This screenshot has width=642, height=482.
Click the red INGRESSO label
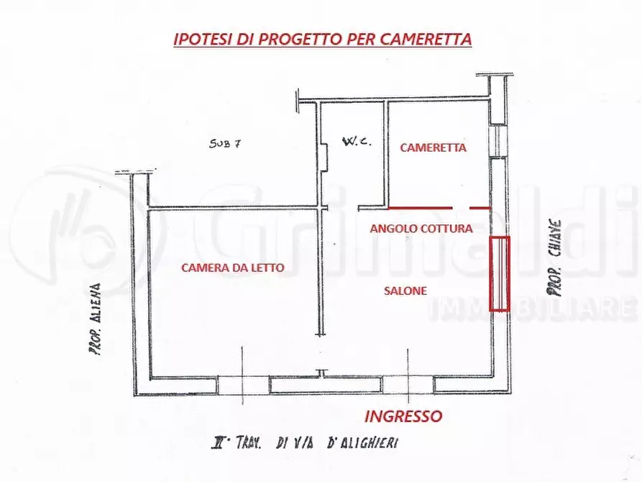(x=403, y=416)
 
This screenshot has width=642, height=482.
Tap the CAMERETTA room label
(x=433, y=147)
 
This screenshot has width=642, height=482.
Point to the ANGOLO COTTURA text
(x=421, y=229)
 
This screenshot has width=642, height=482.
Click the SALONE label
(x=405, y=291)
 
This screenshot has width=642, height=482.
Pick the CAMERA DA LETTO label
(x=232, y=268)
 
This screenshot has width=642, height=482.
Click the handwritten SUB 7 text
(x=225, y=143)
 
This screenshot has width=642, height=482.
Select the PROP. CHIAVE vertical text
(x=554, y=258)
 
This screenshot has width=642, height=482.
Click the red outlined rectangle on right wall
(x=499, y=273)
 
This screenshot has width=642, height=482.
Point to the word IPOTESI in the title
(x=199, y=39)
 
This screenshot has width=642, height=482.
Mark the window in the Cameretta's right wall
(x=495, y=140)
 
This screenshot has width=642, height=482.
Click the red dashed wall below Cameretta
(x=439, y=207)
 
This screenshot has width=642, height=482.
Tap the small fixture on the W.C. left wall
(x=325, y=157)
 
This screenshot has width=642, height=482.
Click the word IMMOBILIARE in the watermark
(x=532, y=310)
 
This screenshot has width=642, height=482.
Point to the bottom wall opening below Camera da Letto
(x=243, y=384)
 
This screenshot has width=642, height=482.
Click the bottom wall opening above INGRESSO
(x=408, y=384)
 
